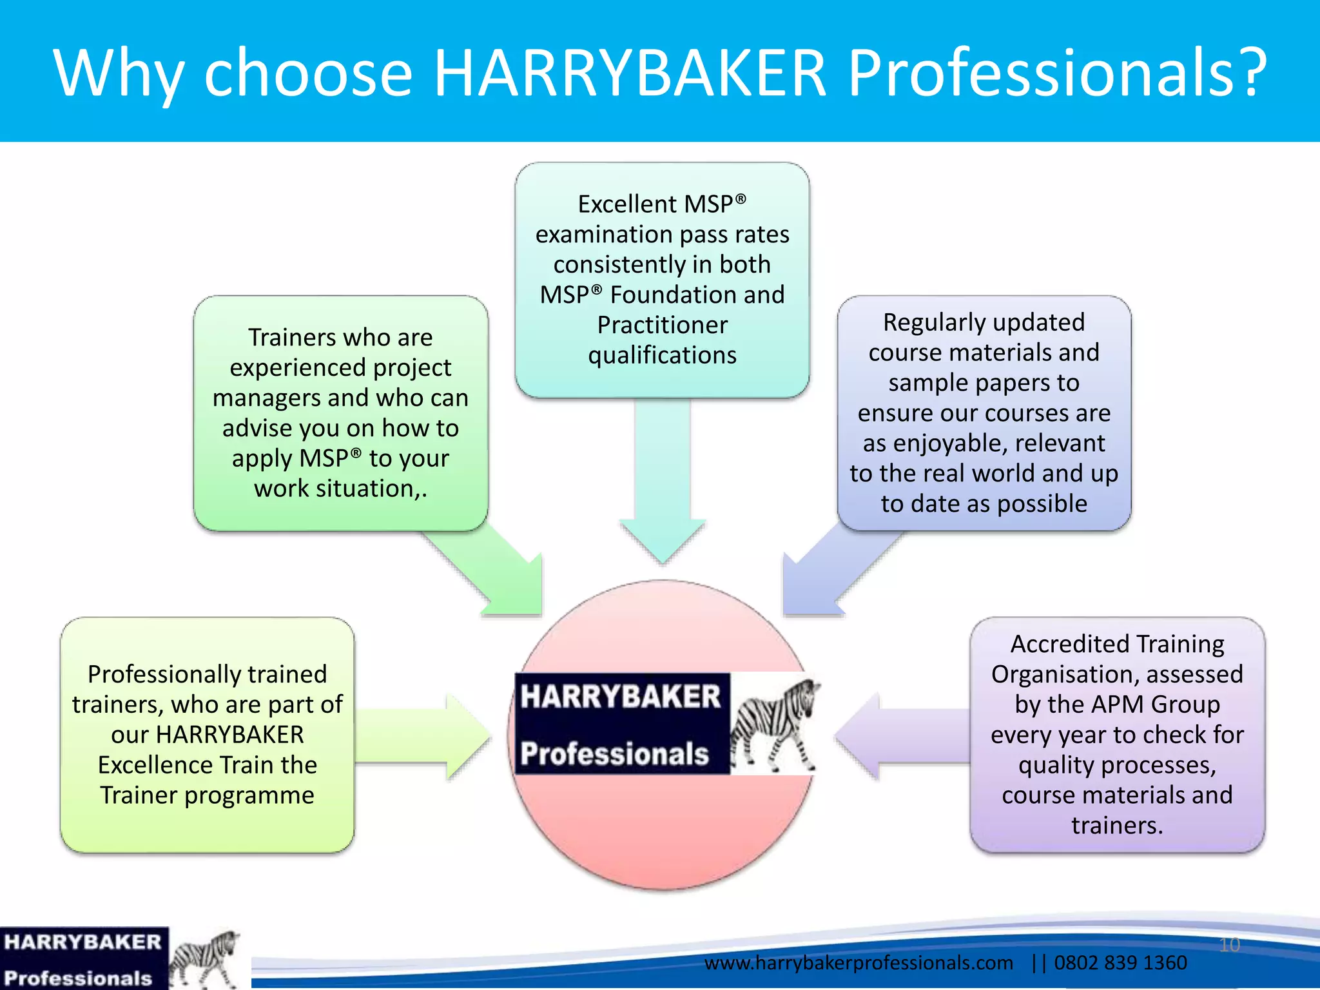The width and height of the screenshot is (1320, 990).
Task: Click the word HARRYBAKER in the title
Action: coord(630,72)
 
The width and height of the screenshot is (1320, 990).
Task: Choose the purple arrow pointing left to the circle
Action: coord(902,736)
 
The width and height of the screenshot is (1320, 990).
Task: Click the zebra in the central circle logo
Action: coord(773,725)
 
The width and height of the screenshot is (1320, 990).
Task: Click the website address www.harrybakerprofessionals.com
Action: coord(859,963)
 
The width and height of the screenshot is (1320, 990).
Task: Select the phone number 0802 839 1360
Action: coord(1120,963)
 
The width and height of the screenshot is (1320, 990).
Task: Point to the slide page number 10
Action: coord(1229,945)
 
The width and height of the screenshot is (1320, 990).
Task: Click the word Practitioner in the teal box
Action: coord(663,325)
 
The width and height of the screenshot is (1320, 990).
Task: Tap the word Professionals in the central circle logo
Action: coord(615,753)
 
